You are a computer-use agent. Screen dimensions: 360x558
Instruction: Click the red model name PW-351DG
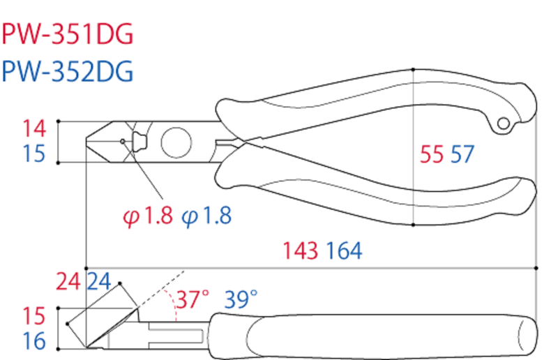pyautogui.click(x=68, y=34)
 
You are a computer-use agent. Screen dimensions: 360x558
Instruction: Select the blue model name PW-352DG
pyautogui.click(x=68, y=71)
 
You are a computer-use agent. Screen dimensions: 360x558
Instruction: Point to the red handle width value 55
pyautogui.click(x=432, y=155)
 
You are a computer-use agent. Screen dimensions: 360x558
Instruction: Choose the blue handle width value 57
pyautogui.click(x=462, y=155)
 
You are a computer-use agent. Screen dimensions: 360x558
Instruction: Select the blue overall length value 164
pyautogui.click(x=341, y=251)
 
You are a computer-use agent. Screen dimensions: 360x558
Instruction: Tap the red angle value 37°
pyautogui.click(x=192, y=300)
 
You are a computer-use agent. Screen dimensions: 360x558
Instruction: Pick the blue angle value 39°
pyautogui.click(x=241, y=300)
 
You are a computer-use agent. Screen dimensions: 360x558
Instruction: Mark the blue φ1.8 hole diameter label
pyautogui.click(x=206, y=216)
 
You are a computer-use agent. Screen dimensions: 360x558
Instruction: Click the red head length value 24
pyautogui.click(x=69, y=282)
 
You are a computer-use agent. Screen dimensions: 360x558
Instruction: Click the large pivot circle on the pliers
pyautogui.click(x=176, y=142)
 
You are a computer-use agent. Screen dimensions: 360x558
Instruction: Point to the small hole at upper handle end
pyautogui.click(x=504, y=123)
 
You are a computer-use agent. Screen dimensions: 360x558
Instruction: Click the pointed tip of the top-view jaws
pyautogui.click(x=86, y=142)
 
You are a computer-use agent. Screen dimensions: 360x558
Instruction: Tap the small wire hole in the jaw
pyautogui.click(x=123, y=142)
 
